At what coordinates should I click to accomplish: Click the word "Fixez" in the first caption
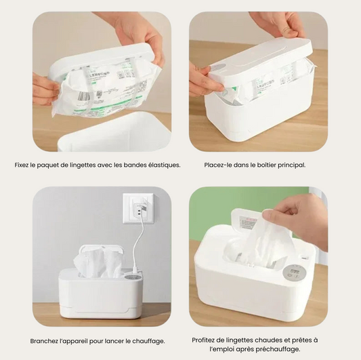point(22,165)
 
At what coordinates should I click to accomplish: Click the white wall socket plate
point(138,209)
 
